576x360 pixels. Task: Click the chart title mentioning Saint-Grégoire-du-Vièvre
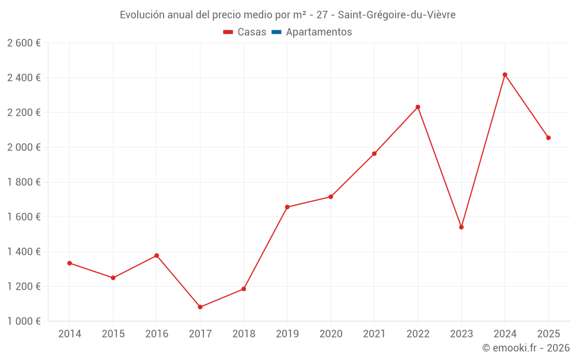pos(287,15)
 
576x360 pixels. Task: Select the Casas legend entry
pos(245,32)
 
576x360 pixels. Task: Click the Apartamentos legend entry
pos(311,32)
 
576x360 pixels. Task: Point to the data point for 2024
pos(505,74)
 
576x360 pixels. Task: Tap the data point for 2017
pos(200,307)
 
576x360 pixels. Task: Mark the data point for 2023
pos(461,227)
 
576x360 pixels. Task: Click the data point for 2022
pos(418,107)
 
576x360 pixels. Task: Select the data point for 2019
pos(287,207)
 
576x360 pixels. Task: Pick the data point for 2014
pos(70,263)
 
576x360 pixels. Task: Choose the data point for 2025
pos(548,138)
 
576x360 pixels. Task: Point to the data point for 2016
pos(157,256)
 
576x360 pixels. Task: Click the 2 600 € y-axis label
pos(24,43)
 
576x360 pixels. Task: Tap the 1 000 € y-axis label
pos(24,321)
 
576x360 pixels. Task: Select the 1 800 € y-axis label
pos(24,182)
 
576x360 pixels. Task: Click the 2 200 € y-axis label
pos(24,112)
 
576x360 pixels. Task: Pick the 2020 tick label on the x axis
pos(331,334)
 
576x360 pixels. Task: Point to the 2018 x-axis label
pos(244,334)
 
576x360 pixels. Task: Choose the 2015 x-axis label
pos(113,334)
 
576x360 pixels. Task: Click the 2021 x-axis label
pos(374,334)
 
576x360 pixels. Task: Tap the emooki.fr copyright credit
pos(525,348)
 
